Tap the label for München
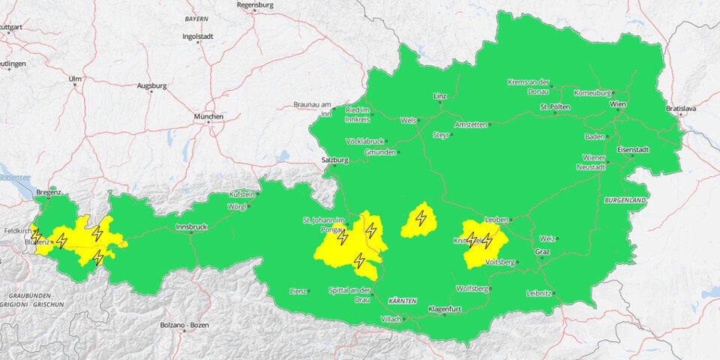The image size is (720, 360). pyautogui.click(x=208, y=117)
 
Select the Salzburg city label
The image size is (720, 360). pyautogui.click(x=334, y=160)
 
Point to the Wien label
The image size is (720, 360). pyautogui.click(x=617, y=103)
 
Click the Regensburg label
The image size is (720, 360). pyautogui.click(x=255, y=4)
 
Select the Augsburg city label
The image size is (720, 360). pyautogui.click(x=151, y=86)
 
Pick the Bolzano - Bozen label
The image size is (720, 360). pyautogui.click(x=184, y=325)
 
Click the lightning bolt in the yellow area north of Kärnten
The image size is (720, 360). pyautogui.click(x=421, y=219)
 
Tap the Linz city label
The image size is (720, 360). pyautogui.click(x=439, y=97)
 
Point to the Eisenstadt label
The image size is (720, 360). pyautogui.click(x=632, y=149)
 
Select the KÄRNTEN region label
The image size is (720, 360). pyautogui.click(x=402, y=300)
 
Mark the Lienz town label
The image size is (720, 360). pyautogui.click(x=298, y=291)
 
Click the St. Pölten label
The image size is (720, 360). pyautogui.click(x=555, y=107)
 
